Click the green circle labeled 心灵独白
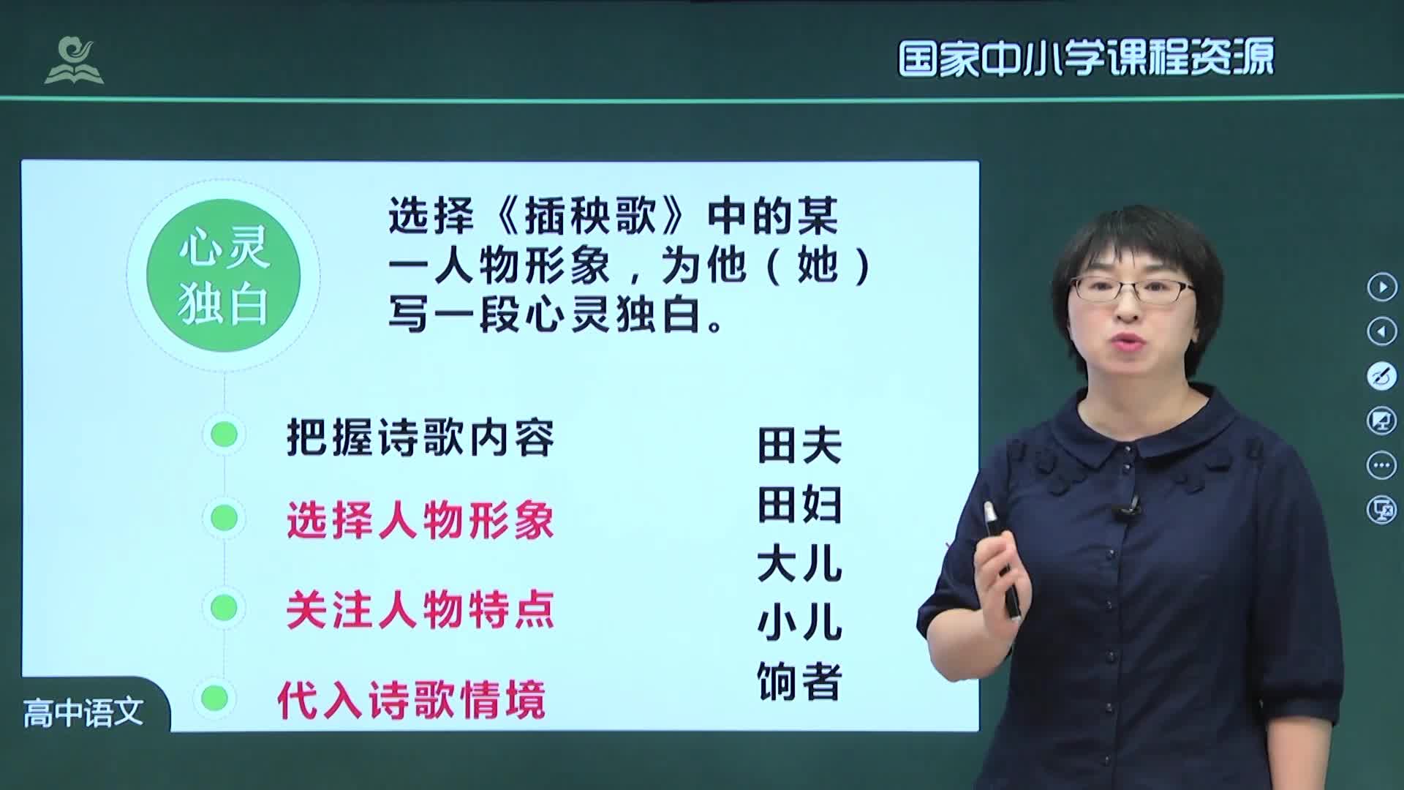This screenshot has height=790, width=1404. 224,275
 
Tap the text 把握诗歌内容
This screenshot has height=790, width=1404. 420,437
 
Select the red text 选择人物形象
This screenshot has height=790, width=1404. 420,521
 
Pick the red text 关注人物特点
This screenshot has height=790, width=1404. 420,610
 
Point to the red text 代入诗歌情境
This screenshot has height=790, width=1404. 411,699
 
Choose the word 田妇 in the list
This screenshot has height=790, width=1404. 799,505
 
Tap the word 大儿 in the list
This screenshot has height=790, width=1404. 799,564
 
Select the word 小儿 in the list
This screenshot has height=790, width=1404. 799,623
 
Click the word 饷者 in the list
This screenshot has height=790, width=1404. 799,682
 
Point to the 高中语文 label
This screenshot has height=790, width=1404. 83,712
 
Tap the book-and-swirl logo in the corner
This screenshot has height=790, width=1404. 74,60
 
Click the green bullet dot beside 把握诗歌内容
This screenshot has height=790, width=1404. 224,434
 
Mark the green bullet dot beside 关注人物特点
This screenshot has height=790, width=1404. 224,608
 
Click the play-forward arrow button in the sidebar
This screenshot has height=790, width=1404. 1381,287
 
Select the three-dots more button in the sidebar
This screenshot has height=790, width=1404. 1381,465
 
